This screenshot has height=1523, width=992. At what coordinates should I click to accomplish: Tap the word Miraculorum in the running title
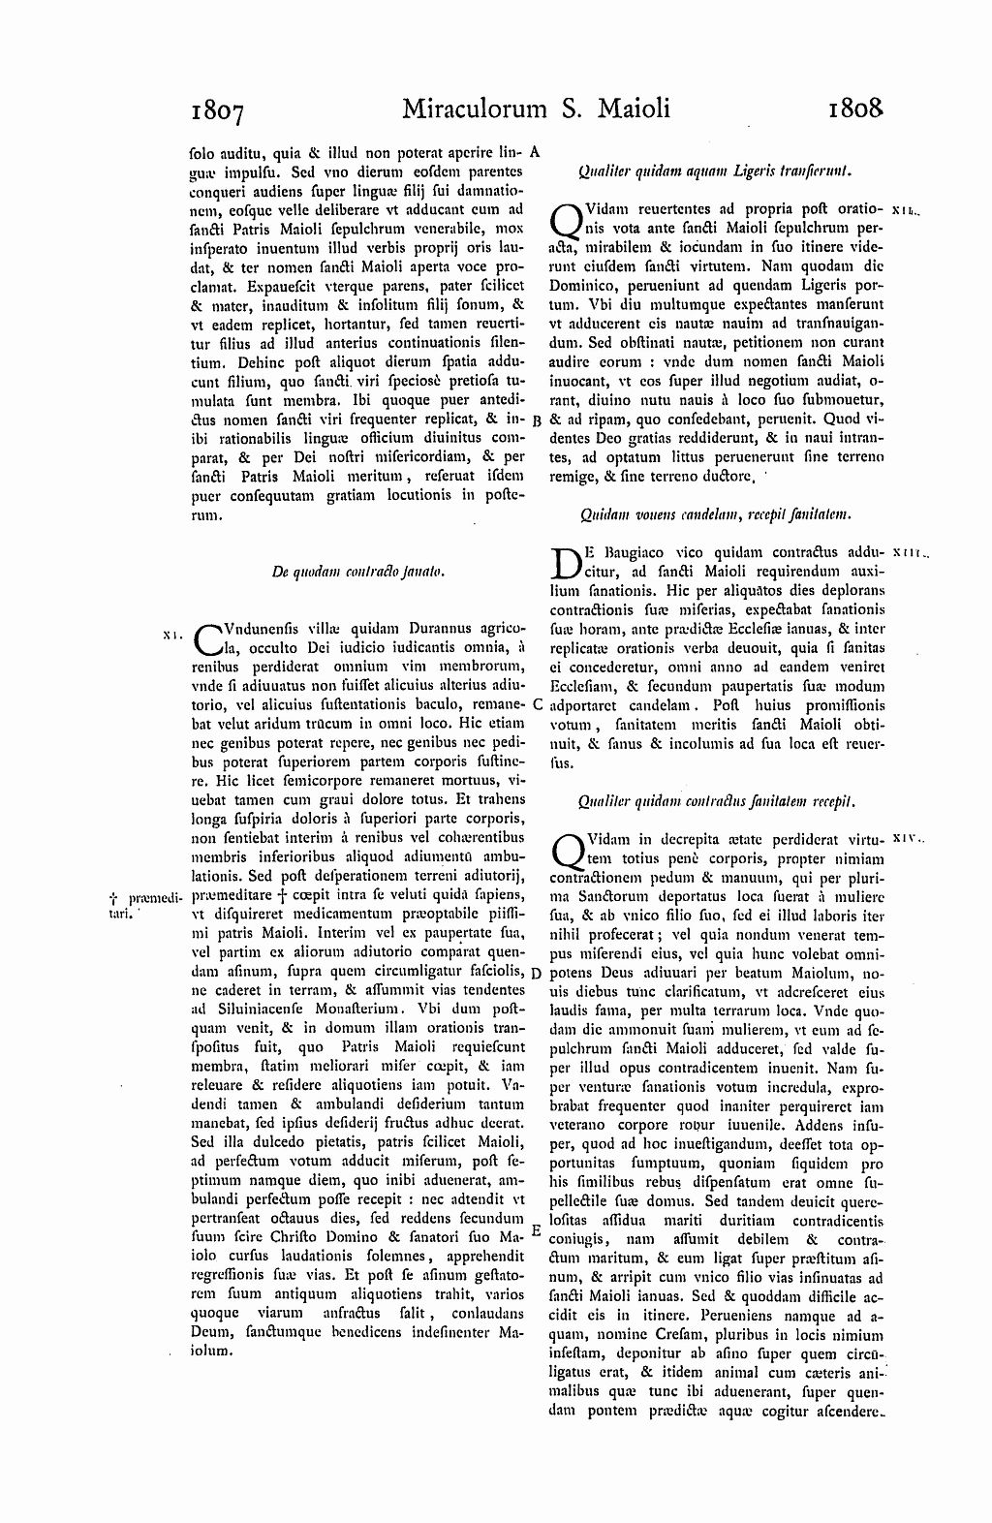pos(472,108)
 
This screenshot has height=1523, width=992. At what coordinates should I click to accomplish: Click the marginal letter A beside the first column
pos(537,152)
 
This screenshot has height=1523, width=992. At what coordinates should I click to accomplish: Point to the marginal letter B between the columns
pos(537,420)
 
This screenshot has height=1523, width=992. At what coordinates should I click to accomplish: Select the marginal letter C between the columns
pos(537,705)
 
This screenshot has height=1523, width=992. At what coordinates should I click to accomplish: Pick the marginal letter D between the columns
pos(536,972)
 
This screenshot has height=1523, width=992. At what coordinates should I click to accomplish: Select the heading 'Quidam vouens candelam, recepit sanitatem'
pos(715,515)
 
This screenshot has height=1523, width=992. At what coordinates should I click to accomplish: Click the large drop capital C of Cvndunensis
pos(208,638)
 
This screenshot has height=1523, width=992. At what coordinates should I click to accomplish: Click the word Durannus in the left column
pos(433,627)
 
